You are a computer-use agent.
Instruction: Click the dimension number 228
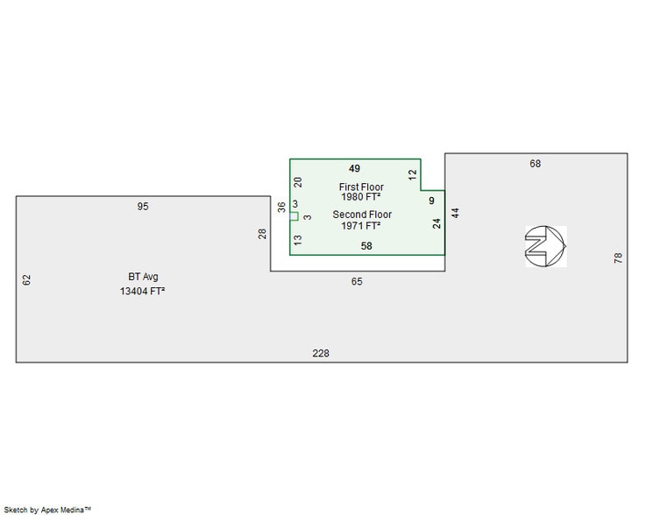point(322,353)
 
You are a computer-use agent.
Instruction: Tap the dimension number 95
point(143,207)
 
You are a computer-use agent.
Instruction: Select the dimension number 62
point(26,279)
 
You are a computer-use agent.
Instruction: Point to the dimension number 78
point(618,258)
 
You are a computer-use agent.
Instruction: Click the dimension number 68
point(536,164)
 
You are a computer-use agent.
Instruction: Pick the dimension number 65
point(357,281)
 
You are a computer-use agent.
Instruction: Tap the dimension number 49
point(355,167)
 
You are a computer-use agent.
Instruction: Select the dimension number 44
point(456,213)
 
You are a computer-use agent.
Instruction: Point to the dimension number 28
point(261,233)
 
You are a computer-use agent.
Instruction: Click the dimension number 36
point(281,208)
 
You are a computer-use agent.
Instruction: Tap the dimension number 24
point(437,223)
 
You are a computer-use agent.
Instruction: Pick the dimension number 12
point(412,174)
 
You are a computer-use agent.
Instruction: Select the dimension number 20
point(298,182)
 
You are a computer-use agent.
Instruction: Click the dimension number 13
point(298,239)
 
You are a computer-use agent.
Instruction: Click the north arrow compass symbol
point(546,245)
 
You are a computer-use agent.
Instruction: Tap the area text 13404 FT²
point(143,292)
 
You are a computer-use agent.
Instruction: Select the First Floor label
point(361,187)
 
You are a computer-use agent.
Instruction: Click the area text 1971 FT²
point(361,226)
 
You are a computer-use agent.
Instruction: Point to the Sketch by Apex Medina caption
point(60,508)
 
